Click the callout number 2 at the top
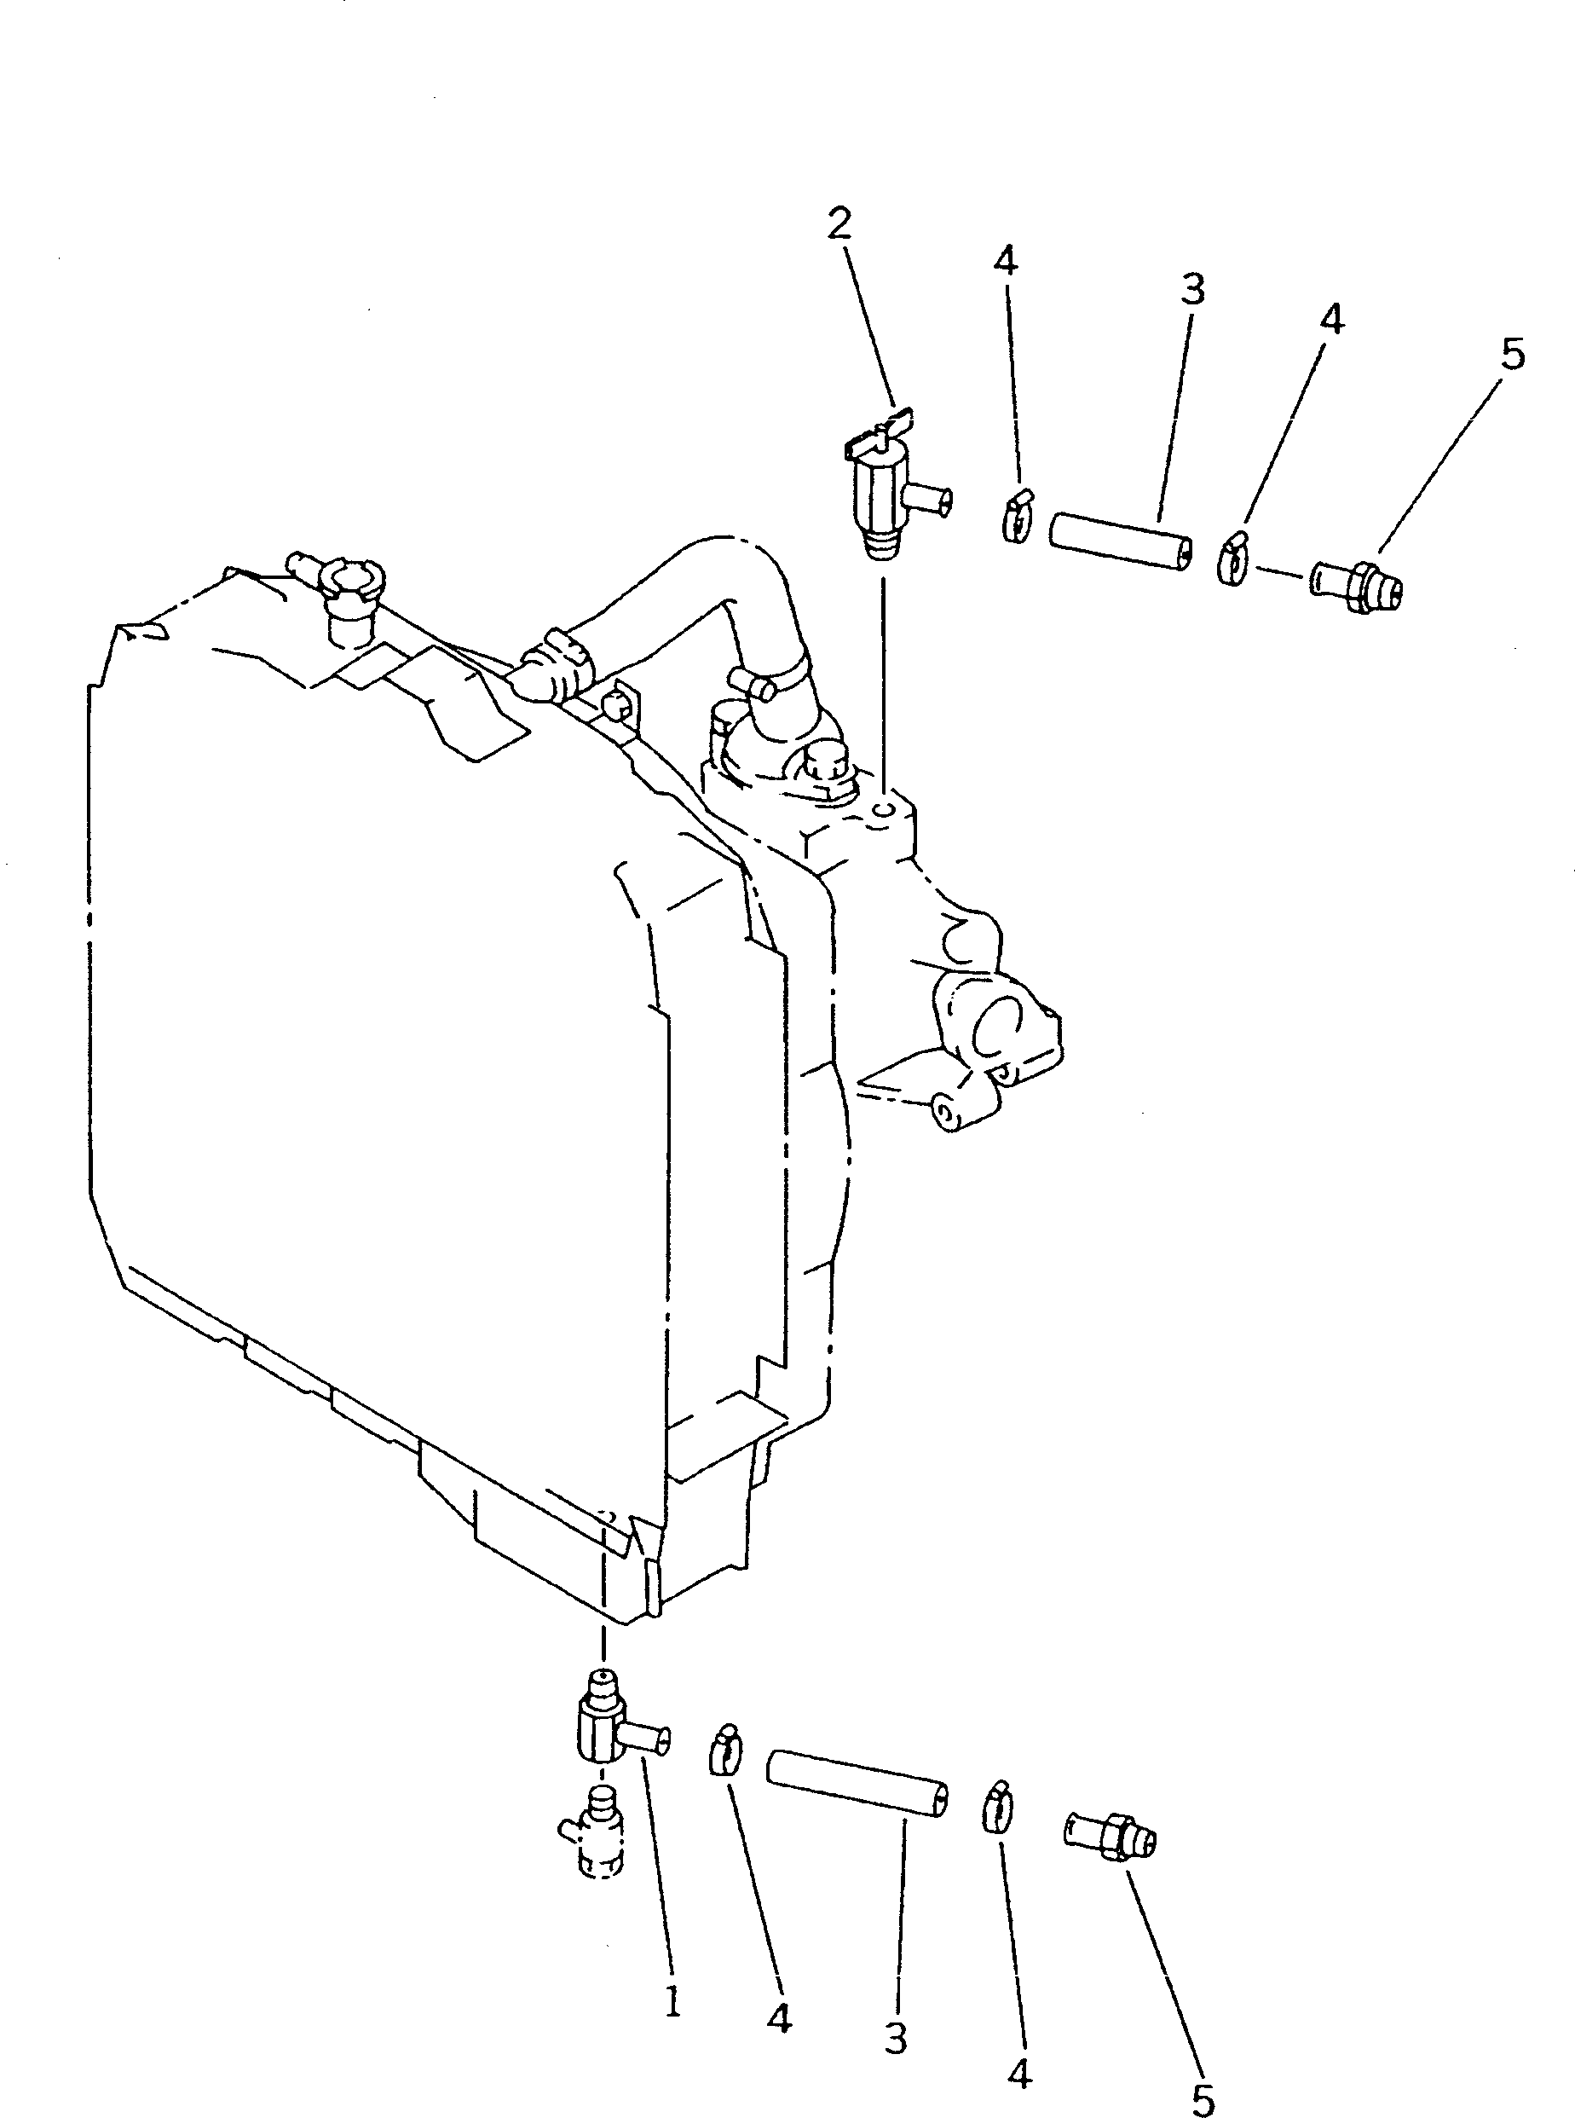[839, 223]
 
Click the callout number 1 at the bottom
[672, 2002]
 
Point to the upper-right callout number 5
[1512, 354]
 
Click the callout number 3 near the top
[1191, 288]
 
